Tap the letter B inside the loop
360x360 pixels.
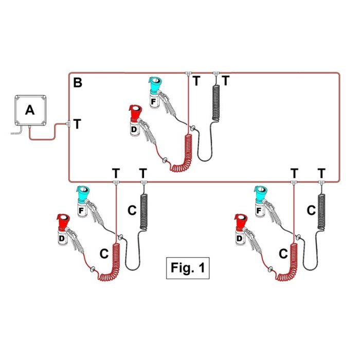point(78,83)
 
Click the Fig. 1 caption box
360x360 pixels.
point(188,268)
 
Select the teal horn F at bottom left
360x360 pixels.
point(82,201)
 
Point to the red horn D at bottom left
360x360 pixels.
point(63,229)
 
